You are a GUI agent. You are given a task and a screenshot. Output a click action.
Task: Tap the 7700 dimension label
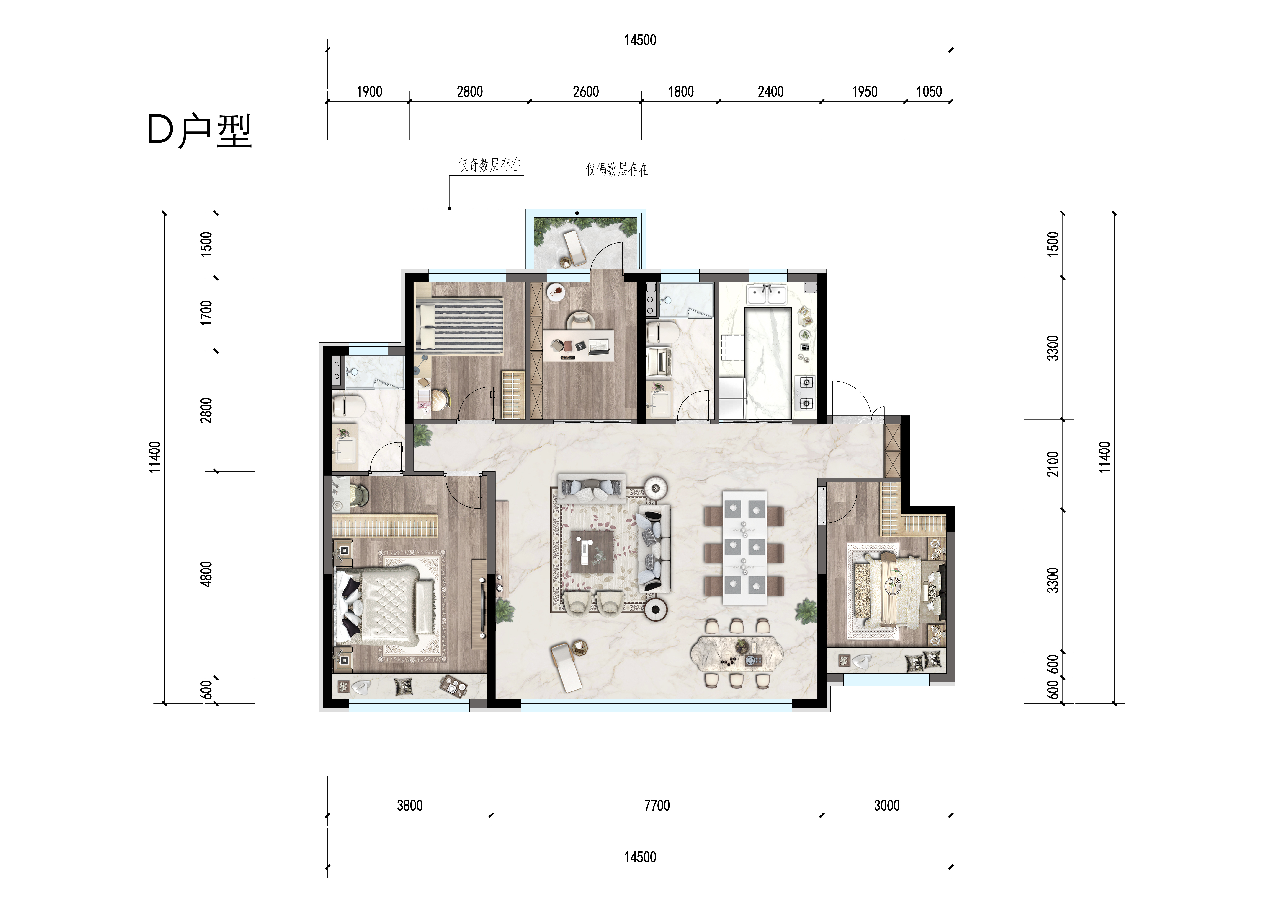657,806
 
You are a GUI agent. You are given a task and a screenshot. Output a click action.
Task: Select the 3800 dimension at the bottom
410,806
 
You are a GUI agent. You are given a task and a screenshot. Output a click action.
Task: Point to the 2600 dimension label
586,91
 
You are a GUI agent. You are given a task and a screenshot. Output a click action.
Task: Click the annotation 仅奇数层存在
489,165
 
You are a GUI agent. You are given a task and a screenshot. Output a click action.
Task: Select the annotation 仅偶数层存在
617,170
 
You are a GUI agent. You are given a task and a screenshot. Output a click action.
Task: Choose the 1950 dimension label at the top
865,91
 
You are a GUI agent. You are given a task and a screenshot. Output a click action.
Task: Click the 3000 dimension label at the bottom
886,806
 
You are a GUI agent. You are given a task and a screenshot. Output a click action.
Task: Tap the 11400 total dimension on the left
155,457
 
